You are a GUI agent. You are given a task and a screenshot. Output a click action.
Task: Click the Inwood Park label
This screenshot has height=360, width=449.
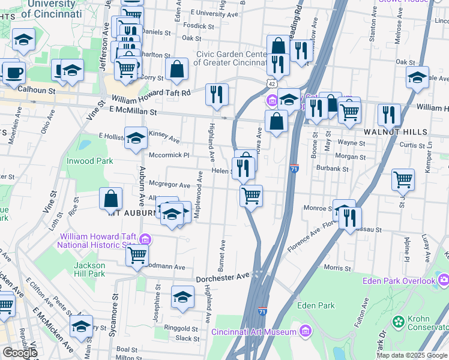tap(90, 161)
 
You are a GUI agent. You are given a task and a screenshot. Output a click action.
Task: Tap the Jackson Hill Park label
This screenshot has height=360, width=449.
tap(89, 269)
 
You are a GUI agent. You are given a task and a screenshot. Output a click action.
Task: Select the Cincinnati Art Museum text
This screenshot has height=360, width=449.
tap(253, 332)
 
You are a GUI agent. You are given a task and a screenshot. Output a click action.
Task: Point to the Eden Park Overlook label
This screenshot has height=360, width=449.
tap(399, 281)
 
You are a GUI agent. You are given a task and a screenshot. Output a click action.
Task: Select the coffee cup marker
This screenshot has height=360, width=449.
tap(14, 73)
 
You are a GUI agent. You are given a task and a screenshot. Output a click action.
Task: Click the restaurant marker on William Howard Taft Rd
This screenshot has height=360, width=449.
tap(217, 94)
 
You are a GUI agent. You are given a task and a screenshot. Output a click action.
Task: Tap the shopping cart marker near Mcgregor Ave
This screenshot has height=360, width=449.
tap(251, 195)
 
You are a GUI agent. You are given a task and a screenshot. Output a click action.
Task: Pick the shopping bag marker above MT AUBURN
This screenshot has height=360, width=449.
tap(111, 198)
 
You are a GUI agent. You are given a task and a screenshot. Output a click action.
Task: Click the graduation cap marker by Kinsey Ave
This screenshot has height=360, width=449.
tap(136, 137)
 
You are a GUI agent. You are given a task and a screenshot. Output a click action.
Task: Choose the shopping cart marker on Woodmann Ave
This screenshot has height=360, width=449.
tap(137, 254)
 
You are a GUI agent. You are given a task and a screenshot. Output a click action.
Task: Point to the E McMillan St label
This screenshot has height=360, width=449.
tap(133, 111)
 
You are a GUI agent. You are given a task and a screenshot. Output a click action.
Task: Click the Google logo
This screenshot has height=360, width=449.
tap(20, 353)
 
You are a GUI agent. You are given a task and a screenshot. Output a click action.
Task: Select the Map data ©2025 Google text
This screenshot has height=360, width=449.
tap(411, 355)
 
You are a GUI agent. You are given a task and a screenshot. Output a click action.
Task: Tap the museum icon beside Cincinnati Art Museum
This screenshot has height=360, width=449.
tap(306, 331)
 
